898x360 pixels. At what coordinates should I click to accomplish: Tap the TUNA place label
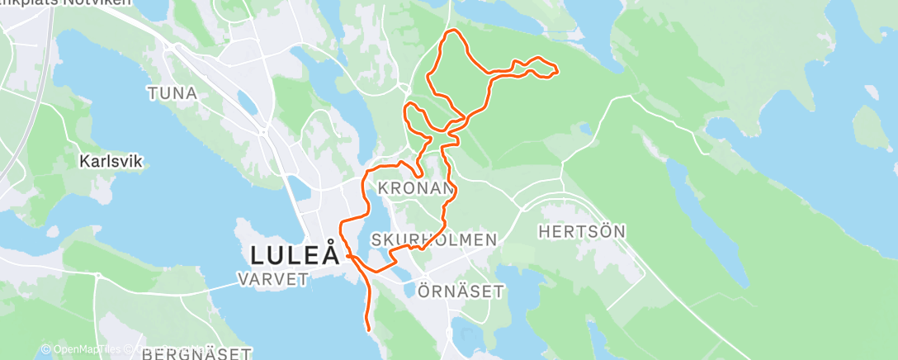pos(173,93)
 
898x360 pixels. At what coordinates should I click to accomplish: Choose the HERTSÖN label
pos(583,232)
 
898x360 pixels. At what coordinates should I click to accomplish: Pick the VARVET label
pos(273,280)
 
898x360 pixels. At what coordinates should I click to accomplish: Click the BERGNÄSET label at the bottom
pos(197,354)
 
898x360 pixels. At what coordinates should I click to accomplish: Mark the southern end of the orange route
pos(367,330)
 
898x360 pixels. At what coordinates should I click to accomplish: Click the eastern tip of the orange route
pos(557,71)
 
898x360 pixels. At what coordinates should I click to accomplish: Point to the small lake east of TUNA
pos(245,102)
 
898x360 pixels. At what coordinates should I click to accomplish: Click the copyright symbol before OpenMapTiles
pos(46,350)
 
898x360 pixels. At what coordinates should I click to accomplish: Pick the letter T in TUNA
pos(153,93)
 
